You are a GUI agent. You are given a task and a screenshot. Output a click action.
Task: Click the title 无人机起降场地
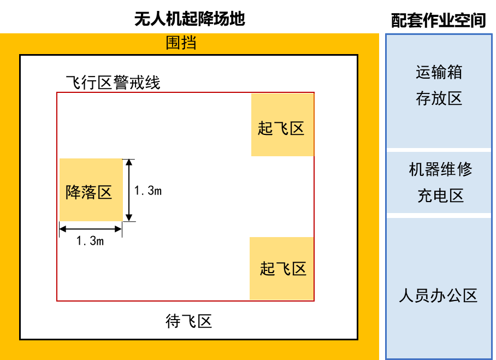pyautogui.click(x=190, y=19)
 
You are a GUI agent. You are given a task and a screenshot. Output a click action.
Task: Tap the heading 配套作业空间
pyautogui.click(x=439, y=21)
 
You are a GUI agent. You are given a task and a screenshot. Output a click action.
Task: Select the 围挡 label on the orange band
pyautogui.click(x=181, y=43)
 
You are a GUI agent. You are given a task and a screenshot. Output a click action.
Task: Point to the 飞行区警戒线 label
pyautogui.click(x=113, y=82)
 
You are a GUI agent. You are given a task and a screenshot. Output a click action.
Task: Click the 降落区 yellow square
pyautogui.click(x=91, y=190)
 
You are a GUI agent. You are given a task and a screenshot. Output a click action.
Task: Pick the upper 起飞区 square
pyautogui.click(x=282, y=125)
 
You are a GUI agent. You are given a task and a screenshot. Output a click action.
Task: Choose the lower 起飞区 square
pyautogui.click(x=281, y=268)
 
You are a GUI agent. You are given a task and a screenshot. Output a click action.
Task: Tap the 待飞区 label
pyautogui.click(x=188, y=321)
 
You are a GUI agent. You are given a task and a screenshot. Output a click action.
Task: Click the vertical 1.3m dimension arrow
pyautogui.click(x=129, y=190)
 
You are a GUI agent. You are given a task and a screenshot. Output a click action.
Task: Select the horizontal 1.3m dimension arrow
pyautogui.click(x=91, y=229)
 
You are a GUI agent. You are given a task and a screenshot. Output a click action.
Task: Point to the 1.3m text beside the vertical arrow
pyautogui.click(x=147, y=191)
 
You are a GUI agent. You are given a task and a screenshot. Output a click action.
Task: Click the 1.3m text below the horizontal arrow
pyautogui.click(x=90, y=241)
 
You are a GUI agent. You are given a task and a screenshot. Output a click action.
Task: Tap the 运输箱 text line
pyautogui.click(x=439, y=72)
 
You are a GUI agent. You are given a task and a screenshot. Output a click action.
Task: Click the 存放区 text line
pyautogui.click(x=439, y=98)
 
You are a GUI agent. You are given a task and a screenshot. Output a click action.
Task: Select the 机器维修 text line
pyautogui.click(x=440, y=169)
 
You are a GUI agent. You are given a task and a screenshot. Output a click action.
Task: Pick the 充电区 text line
pyautogui.click(x=441, y=196)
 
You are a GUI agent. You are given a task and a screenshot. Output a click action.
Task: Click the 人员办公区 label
pyautogui.click(x=438, y=296)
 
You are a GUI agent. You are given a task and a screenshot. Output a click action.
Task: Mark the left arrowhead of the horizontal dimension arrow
pyautogui.click(x=63, y=229)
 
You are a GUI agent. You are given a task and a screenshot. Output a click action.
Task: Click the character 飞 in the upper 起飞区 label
pyautogui.click(x=281, y=128)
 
